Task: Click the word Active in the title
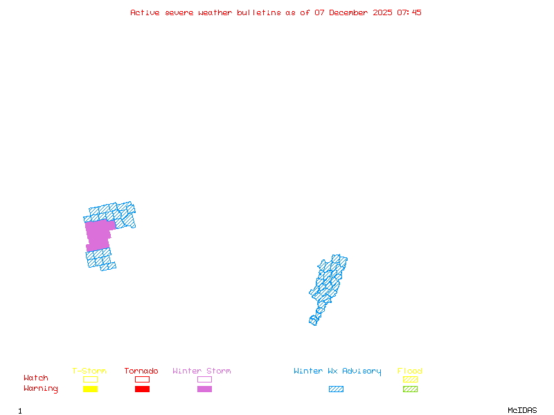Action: click(x=145, y=12)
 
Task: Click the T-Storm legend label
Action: click(x=89, y=371)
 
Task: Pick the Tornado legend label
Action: click(x=141, y=371)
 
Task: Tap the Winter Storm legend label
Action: click(x=202, y=371)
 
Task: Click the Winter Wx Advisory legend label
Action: click(x=337, y=371)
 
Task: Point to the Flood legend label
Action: click(x=410, y=371)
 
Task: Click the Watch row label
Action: click(x=36, y=378)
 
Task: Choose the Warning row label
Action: click(x=41, y=389)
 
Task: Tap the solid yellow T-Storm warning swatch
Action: click(x=90, y=389)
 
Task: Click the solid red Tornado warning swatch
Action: click(x=142, y=389)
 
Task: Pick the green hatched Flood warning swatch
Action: click(x=410, y=389)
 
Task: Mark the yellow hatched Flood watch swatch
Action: click(x=410, y=379)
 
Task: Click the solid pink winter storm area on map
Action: click(x=98, y=235)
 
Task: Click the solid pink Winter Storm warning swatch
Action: click(x=204, y=389)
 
